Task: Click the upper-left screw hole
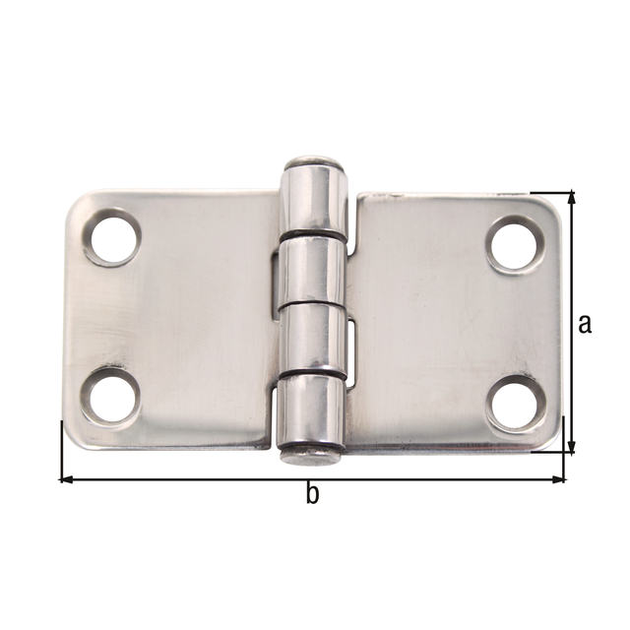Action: click(112, 237)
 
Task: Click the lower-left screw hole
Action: click(109, 397)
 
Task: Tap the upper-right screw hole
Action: click(515, 245)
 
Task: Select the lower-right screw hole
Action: click(515, 403)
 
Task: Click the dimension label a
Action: click(585, 323)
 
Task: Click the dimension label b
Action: click(312, 496)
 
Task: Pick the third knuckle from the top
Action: click(312, 339)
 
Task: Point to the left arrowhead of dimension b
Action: click(67, 479)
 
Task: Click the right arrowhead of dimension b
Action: click(560, 479)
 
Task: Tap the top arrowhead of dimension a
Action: click(570, 200)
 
